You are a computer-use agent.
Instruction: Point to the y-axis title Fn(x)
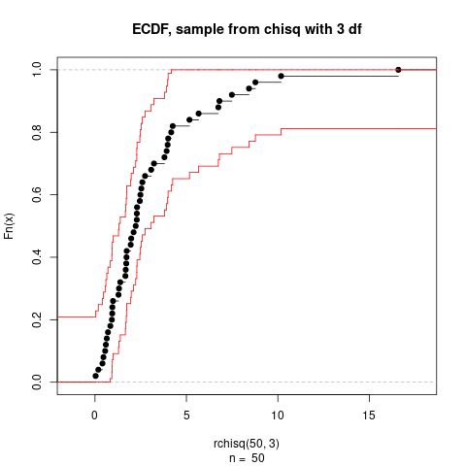tap(11, 225)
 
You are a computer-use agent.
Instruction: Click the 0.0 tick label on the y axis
tap(35, 382)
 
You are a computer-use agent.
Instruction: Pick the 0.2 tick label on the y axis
tap(35, 319)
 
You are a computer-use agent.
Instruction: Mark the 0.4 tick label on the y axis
tap(35, 257)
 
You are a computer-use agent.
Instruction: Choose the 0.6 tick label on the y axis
tap(35, 194)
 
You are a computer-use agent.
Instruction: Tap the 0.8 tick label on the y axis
tap(35, 132)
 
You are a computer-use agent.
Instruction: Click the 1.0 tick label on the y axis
tap(35, 70)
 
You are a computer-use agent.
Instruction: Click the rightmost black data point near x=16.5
tap(398, 70)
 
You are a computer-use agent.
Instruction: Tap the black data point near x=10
tap(281, 76)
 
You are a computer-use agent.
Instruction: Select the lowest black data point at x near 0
tap(95, 376)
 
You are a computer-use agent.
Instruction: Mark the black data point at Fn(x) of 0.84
tap(189, 119)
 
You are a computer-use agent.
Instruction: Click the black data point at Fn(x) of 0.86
tap(199, 114)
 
